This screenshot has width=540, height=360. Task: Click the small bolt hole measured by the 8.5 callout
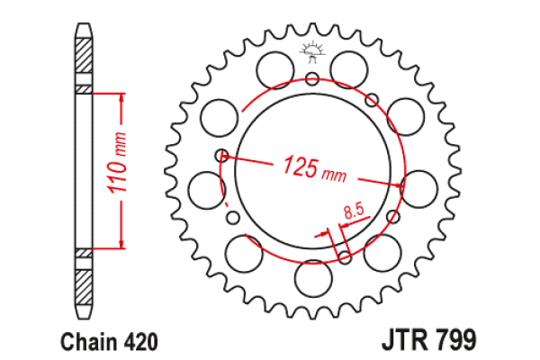point(346,258)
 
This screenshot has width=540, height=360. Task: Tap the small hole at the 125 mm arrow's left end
point(220,155)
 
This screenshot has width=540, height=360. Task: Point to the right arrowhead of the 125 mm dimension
point(398,184)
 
